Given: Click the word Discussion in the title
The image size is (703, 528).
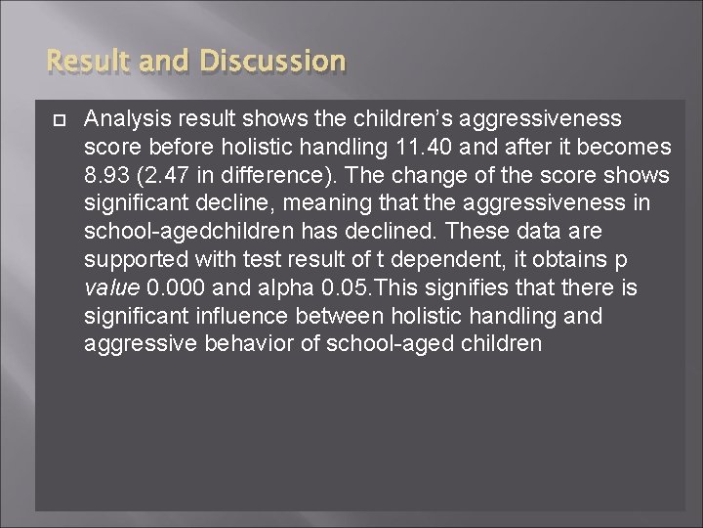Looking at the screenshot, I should (272, 62).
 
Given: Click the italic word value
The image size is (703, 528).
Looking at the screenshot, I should (110, 288).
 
